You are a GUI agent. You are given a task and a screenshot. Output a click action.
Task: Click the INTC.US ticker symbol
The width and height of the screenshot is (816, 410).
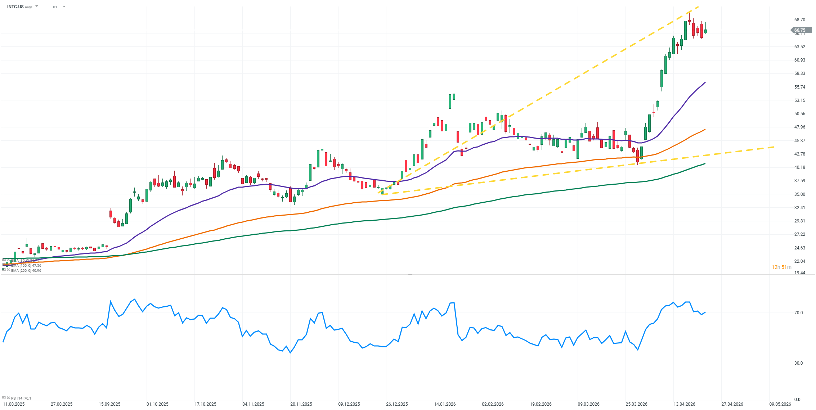click(15, 7)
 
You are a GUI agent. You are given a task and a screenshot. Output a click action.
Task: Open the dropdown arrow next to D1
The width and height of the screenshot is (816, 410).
click(64, 6)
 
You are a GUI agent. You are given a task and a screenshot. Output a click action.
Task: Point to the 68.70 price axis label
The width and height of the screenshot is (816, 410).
click(799, 20)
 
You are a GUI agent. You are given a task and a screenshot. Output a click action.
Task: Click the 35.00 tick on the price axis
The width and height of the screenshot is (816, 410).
click(799, 194)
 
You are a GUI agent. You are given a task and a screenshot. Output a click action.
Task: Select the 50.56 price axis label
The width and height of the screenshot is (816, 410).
click(799, 114)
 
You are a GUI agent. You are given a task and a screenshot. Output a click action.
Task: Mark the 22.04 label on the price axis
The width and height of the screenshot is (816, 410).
click(799, 261)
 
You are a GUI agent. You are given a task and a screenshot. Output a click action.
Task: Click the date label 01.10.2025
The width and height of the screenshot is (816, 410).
click(157, 404)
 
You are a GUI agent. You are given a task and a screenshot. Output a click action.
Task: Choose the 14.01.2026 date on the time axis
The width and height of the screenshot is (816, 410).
click(445, 404)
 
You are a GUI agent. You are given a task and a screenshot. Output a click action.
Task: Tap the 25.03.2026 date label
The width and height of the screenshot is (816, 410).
click(636, 404)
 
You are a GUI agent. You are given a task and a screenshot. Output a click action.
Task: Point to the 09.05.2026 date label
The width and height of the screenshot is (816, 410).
click(780, 404)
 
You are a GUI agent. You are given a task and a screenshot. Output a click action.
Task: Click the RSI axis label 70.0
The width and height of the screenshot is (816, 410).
click(798, 313)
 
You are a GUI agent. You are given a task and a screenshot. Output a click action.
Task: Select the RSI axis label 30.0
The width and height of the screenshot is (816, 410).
click(798, 363)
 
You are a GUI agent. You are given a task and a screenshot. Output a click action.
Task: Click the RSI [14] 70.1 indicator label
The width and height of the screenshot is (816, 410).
click(21, 398)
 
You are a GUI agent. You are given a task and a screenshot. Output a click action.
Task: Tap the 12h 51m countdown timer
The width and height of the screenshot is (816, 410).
click(781, 267)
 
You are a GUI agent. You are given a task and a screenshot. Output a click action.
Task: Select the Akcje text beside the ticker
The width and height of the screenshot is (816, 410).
click(28, 7)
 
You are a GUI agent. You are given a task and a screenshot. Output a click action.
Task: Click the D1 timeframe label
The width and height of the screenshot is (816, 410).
click(55, 7)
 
